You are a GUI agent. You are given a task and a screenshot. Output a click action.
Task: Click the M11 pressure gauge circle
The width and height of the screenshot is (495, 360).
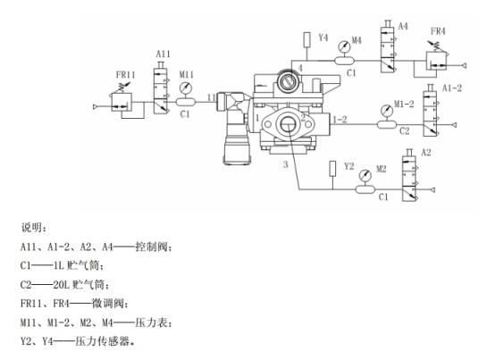(x=186, y=88)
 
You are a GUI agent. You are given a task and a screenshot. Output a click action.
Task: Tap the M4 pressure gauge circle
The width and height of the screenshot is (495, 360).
(x=344, y=46)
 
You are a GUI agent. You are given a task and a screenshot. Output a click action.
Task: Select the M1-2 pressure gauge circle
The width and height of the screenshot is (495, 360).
(x=386, y=111)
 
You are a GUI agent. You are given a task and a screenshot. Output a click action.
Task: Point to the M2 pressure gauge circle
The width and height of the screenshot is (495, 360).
(x=365, y=175)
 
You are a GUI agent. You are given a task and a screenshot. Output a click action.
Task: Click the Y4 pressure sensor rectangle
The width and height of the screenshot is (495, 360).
(x=306, y=39)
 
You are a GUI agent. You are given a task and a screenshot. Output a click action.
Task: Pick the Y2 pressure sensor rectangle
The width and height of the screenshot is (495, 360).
(x=332, y=169)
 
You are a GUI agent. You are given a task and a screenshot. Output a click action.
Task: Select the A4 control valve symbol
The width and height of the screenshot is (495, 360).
(x=389, y=46)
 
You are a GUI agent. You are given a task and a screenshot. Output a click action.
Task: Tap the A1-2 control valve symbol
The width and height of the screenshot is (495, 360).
(x=431, y=111)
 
